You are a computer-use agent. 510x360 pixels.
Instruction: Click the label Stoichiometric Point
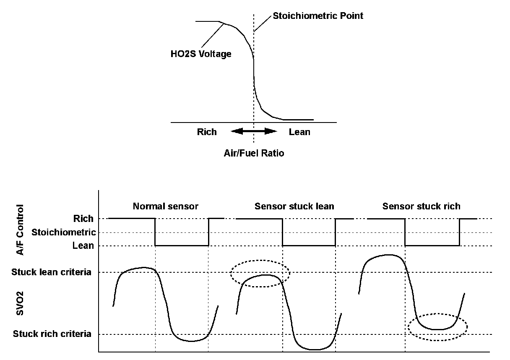click(317, 16)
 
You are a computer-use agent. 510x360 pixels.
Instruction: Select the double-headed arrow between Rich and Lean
click(254, 131)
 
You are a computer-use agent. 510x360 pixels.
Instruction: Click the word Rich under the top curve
click(207, 132)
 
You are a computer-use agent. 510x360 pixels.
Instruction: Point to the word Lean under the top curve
click(299, 132)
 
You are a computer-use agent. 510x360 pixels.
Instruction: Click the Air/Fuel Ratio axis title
click(254, 153)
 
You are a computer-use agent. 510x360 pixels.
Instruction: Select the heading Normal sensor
click(165, 206)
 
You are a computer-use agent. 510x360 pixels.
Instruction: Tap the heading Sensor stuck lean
click(294, 206)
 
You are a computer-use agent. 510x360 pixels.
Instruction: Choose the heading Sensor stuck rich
click(421, 206)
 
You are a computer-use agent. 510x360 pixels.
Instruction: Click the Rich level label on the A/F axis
click(83, 219)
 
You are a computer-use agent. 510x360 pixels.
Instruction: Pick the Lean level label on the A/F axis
click(83, 245)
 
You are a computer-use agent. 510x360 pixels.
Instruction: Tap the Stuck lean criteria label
click(52, 272)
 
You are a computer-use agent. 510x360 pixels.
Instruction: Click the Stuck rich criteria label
click(52, 334)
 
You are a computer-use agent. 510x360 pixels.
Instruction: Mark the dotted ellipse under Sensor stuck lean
click(260, 273)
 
